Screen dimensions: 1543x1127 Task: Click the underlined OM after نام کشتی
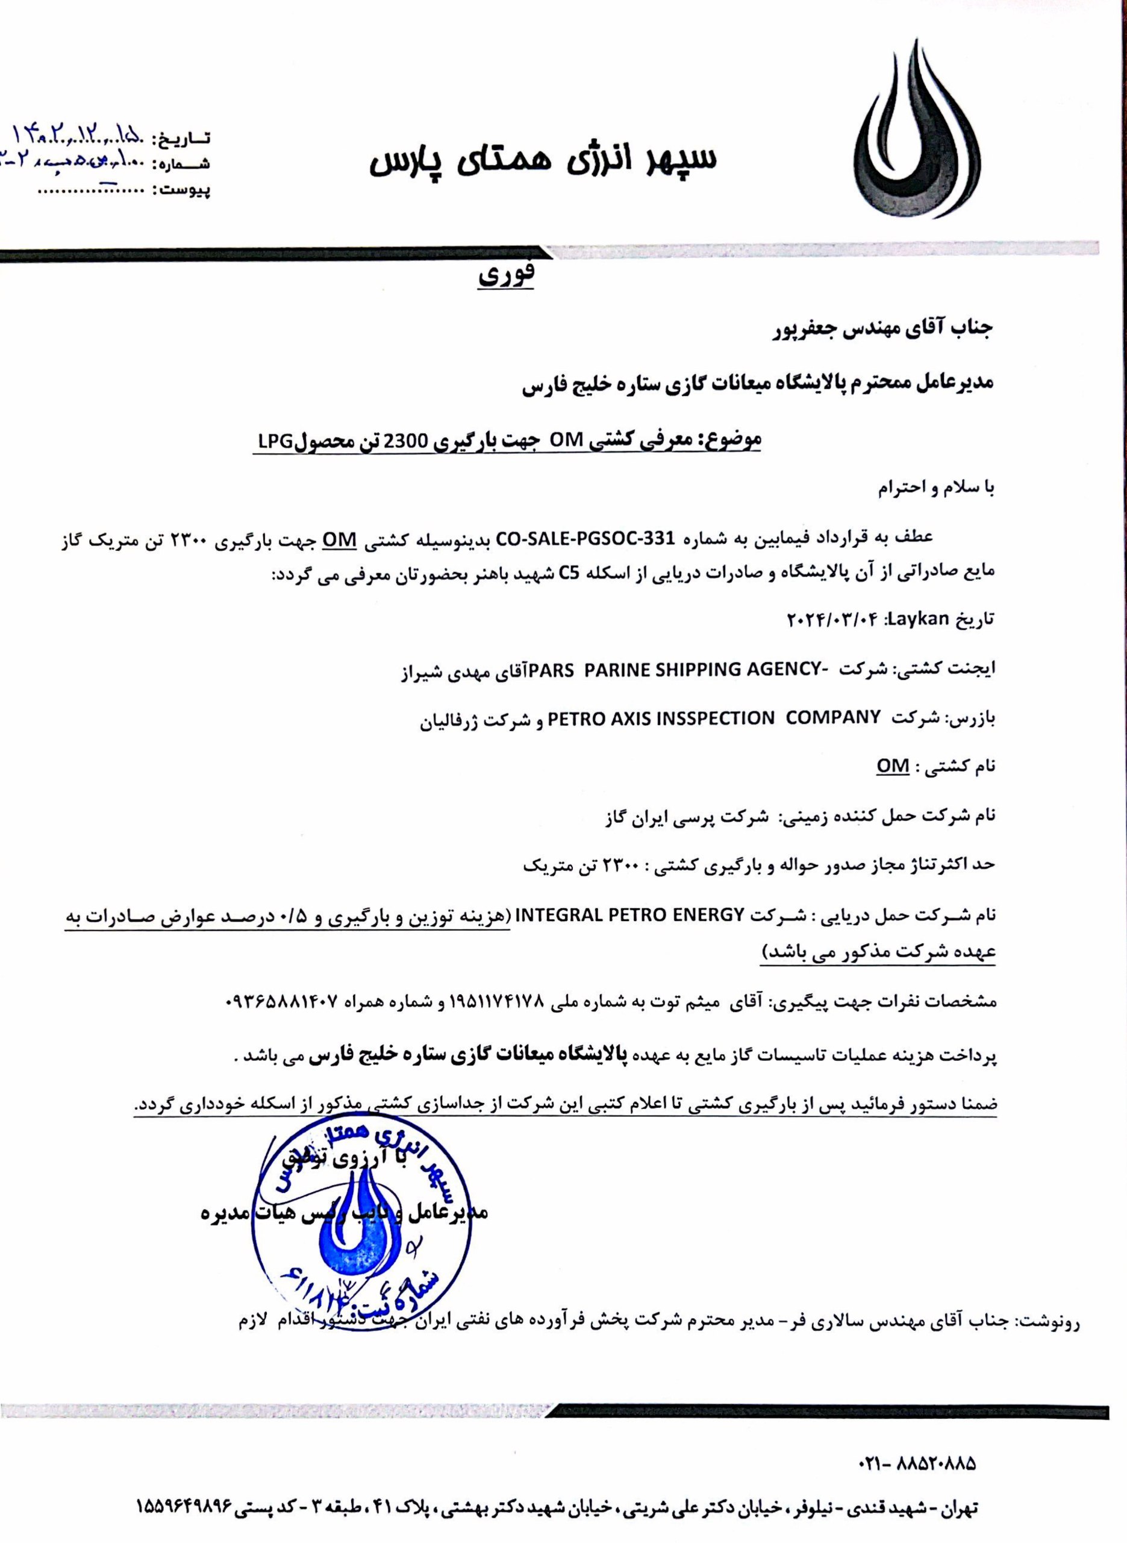[x=891, y=765]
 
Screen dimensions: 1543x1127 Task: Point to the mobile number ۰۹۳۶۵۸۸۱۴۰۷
[x=282, y=1001]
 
